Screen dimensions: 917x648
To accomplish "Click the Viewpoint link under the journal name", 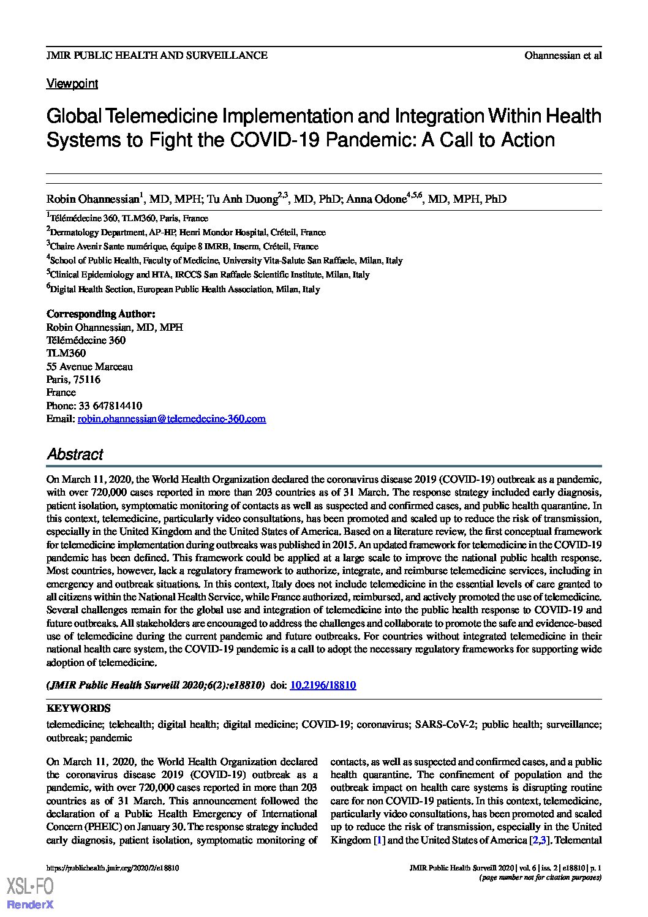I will click(x=72, y=84).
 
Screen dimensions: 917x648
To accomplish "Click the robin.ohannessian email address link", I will click(x=171, y=419).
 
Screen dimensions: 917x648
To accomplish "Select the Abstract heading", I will click(x=75, y=455).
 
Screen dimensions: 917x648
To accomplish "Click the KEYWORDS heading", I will click(x=78, y=708).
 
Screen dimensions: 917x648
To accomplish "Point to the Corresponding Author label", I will click(x=101, y=314).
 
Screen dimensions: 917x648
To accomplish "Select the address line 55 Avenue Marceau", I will click(x=89, y=366).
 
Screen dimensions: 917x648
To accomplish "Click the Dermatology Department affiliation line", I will click(x=187, y=232).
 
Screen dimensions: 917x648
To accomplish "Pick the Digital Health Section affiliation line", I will click(x=184, y=289).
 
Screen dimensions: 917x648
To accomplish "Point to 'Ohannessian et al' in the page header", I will click(x=562, y=55).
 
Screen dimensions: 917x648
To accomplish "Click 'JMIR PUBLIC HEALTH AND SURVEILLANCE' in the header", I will click(x=157, y=55).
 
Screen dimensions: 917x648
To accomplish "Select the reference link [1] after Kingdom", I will click(x=379, y=840).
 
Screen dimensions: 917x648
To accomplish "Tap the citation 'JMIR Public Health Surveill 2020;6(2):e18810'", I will click(x=156, y=685).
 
